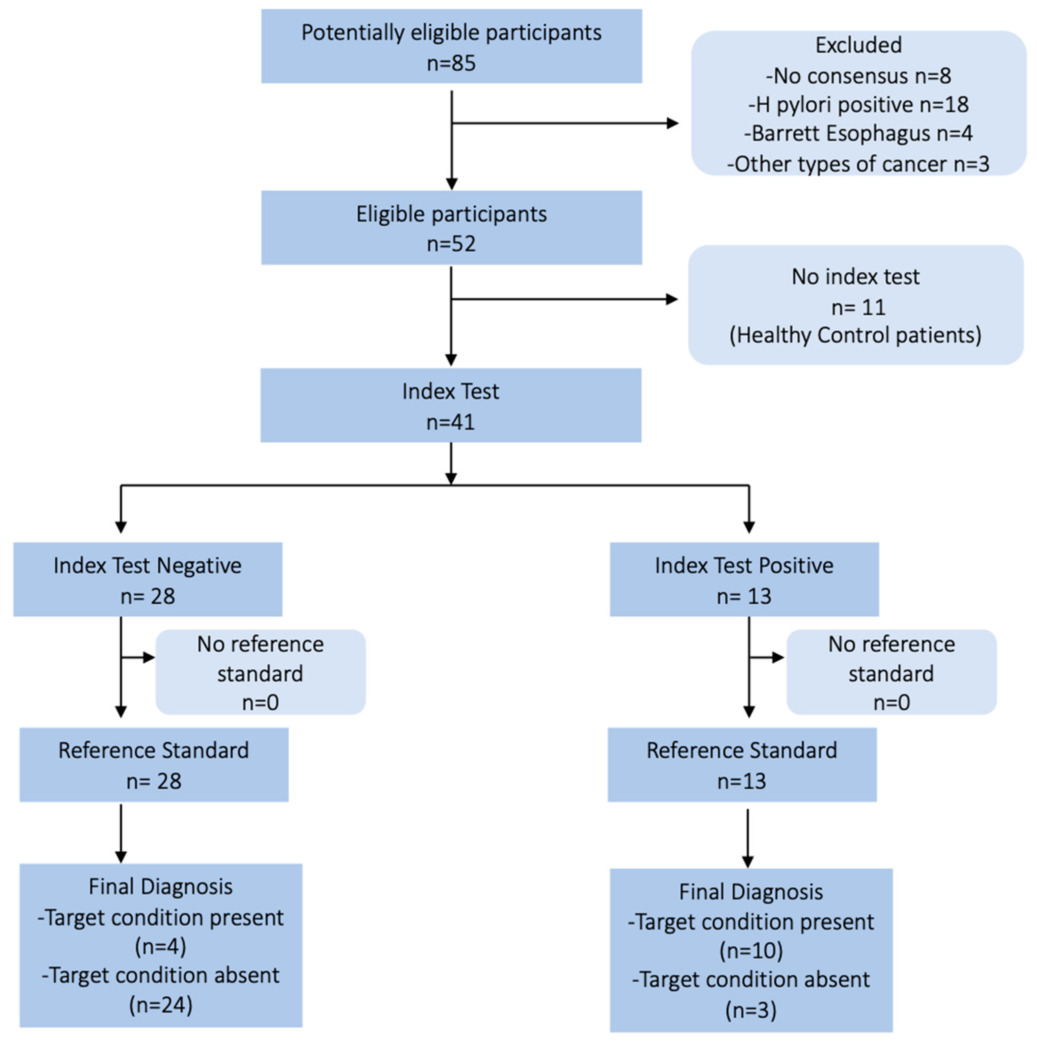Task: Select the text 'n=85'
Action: pyautogui.click(x=451, y=63)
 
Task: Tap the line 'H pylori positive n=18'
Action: pyautogui.click(x=858, y=104)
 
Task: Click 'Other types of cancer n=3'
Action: pyautogui.click(x=858, y=164)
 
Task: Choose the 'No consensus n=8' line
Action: pyautogui.click(x=858, y=76)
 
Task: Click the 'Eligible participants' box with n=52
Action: pyautogui.click(x=451, y=227)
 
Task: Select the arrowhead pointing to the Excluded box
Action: pyautogui.click(x=672, y=123)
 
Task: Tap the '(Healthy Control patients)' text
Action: pyautogui.click(x=855, y=335)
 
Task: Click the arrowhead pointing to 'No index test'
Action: pyautogui.click(x=671, y=299)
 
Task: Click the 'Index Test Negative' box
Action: pyautogui.click(x=148, y=579)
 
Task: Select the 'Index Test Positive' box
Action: pyautogui.click(x=744, y=579)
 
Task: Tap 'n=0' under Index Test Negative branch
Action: pyautogui.click(x=260, y=702)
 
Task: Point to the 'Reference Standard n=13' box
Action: pyautogui.click(x=741, y=765)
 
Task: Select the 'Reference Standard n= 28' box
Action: pyautogui.click(x=154, y=765)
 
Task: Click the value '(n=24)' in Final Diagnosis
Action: pyautogui.click(x=161, y=1004)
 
